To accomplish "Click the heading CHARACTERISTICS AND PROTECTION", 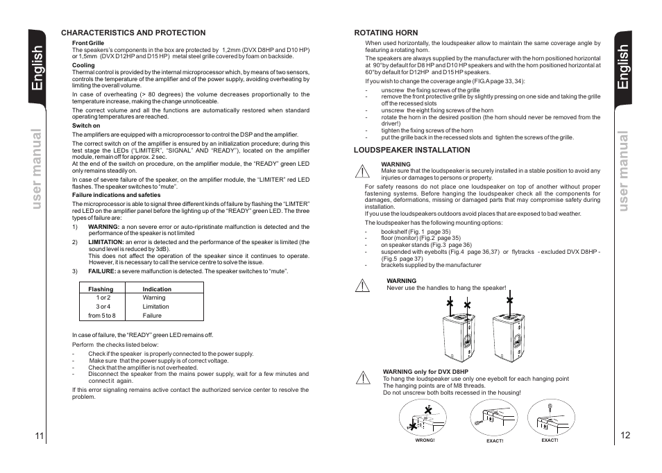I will click(133, 33).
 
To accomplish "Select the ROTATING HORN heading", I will click(386, 33).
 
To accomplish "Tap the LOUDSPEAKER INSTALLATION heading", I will click(411, 150).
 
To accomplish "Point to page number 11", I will click(39, 436).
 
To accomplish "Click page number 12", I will click(626, 436).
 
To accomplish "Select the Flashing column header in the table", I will click(101, 289).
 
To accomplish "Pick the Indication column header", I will click(157, 289).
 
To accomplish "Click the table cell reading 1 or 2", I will click(103, 298).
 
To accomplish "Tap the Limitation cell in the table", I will click(155, 307).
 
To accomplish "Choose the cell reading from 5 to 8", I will click(102, 316).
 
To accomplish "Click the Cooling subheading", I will click(83, 66).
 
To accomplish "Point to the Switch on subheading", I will click(86, 126).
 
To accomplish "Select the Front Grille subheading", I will click(88, 43).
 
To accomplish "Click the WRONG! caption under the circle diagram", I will click(424, 440).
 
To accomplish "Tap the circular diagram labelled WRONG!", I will click(423, 418).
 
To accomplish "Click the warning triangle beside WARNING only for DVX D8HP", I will click(362, 378).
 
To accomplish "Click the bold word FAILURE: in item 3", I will click(101, 271).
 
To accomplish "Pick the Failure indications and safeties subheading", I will click(116, 195).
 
